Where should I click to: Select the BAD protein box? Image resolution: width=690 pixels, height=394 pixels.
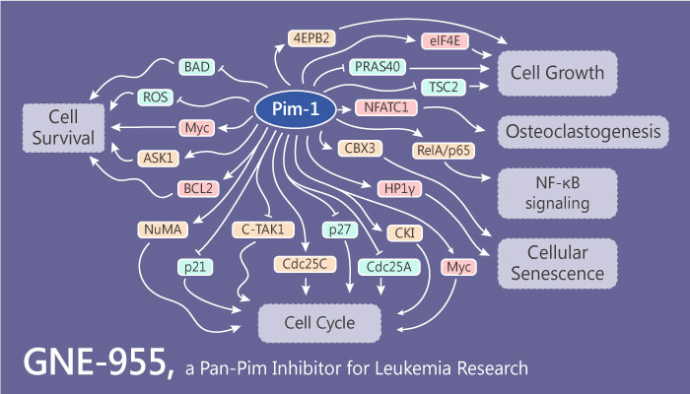pyautogui.click(x=195, y=67)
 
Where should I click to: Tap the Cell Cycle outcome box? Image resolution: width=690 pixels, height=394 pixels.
pyautogui.click(x=307, y=321)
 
